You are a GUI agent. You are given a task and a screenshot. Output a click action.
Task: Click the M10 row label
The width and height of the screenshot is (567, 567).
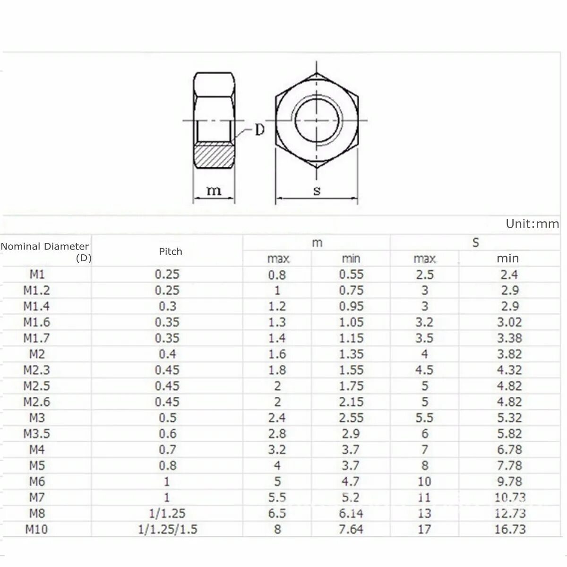(x=36, y=529)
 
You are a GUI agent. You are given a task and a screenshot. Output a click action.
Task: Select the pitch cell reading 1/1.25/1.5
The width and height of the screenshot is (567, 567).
(x=167, y=529)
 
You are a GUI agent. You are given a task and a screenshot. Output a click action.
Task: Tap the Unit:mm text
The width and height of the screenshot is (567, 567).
(x=532, y=223)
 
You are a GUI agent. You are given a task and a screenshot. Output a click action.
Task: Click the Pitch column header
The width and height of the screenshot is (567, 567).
(x=170, y=251)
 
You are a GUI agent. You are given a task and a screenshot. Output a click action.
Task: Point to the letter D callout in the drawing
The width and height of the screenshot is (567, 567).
(x=259, y=130)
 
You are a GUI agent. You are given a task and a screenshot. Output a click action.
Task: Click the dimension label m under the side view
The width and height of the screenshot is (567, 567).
(x=214, y=191)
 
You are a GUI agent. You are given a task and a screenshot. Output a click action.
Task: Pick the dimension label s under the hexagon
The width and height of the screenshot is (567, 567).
(x=317, y=191)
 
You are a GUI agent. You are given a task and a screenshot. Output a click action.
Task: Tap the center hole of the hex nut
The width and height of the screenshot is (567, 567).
(x=317, y=120)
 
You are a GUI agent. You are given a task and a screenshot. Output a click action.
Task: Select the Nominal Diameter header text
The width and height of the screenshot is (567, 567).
(x=45, y=246)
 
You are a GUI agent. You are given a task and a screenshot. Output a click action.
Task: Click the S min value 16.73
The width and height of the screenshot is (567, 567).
(x=510, y=529)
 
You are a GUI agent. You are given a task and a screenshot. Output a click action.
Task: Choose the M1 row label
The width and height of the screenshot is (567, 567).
(x=36, y=274)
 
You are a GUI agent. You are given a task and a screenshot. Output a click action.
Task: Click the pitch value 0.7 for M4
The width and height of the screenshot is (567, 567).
(x=167, y=449)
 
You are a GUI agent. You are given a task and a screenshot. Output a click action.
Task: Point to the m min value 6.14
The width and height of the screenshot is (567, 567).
(x=351, y=513)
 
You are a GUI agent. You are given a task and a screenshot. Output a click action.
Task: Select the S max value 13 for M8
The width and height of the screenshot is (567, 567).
(x=424, y=513)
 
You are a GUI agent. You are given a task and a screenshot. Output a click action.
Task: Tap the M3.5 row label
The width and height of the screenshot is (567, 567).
(x=36, y=433)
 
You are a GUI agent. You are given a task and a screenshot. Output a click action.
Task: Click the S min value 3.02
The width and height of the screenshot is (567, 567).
(x=509, y=322)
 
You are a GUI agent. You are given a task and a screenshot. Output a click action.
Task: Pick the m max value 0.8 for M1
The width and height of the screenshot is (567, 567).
(x=277, y=275)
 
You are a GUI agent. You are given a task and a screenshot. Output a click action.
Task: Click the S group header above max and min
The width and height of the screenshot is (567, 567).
(x=475, y=243)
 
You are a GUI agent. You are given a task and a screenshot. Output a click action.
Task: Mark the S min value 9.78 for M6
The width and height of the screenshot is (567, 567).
(x=509, y=481)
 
